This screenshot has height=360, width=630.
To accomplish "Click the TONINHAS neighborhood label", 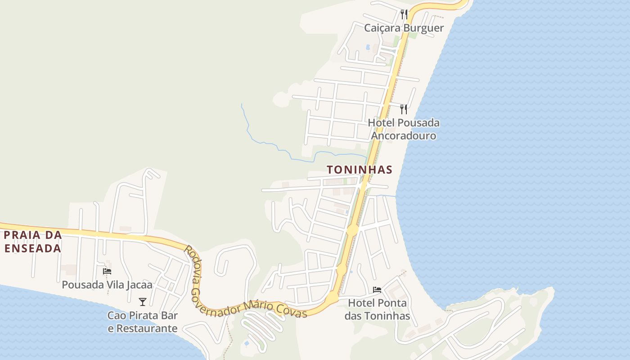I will (359, 170).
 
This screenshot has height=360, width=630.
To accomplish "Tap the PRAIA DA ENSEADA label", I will (32, 242).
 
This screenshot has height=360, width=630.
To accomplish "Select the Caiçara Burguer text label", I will (404, 28).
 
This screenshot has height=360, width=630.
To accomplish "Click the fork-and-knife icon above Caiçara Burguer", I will (404, 14).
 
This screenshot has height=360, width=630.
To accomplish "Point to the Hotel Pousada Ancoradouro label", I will (404, 129).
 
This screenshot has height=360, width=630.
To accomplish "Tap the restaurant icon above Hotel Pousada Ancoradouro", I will (404, 109).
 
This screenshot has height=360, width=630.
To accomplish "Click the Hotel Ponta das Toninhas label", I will (377, 310).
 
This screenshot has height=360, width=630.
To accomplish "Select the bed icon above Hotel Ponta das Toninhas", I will (377, 290).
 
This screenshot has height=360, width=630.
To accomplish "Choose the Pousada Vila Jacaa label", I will (107, 285).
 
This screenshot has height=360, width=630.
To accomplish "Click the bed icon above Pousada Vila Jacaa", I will (107, 271).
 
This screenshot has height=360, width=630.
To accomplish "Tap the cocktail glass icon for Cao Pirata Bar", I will (143, 301).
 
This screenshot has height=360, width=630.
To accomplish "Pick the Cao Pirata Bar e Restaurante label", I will (143, 322).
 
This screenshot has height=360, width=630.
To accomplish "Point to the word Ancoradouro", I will (404, 136).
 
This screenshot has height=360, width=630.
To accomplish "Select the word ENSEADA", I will (32, 248).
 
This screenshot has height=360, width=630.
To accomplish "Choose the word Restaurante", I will (143, 328).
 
